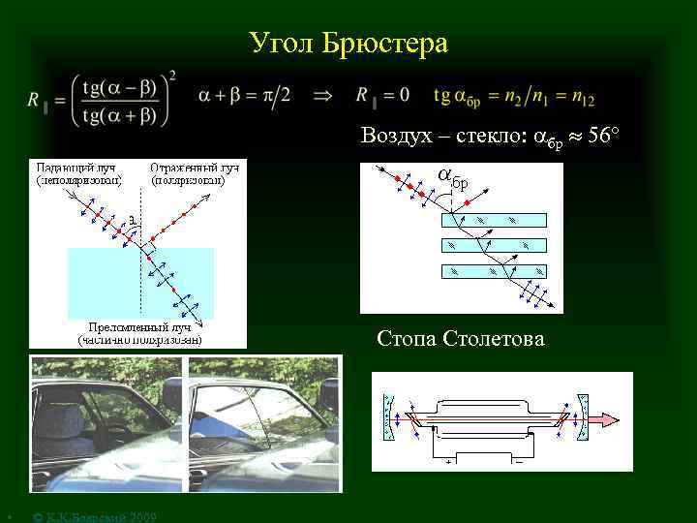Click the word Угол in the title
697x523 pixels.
point(279,44)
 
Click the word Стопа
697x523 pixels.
point(407,338)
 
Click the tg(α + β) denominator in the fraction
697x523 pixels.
point(120,115)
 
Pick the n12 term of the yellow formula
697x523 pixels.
point(607,97)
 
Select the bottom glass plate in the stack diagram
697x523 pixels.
point(494,271)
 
